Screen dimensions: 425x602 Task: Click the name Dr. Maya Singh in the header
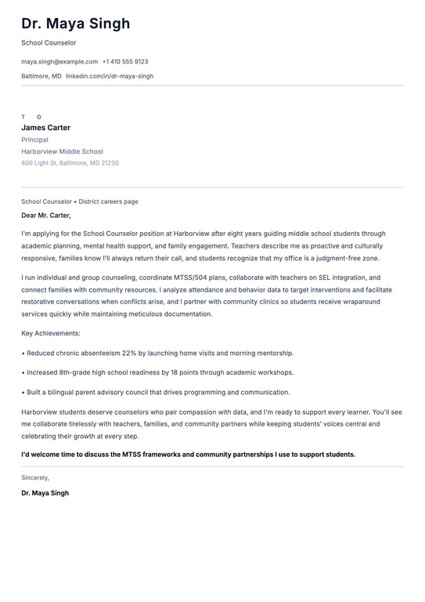(x=76, y=24)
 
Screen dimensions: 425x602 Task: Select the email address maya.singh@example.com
(x=59, y=61)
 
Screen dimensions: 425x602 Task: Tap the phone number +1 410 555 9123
(x=125, y=61)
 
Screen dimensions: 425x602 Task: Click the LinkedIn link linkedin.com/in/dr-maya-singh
(x=110, y=76)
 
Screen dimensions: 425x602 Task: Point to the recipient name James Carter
(x=45, y=128)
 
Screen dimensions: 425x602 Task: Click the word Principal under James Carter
(x=34, y=140)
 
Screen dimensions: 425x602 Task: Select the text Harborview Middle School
(x=62, y=151)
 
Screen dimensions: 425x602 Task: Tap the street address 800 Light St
(x=38, y=163)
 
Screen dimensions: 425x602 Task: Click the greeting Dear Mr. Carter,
(x=46, y=215)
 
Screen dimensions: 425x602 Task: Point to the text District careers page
(x=108, y=201)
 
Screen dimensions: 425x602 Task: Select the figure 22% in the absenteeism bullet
(x=130, y=353)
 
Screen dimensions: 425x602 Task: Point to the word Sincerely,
(x=35, y=477)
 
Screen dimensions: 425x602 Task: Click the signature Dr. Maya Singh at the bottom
(x=45, y=493)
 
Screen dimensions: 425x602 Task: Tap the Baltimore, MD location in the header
(x=41, y=76)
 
